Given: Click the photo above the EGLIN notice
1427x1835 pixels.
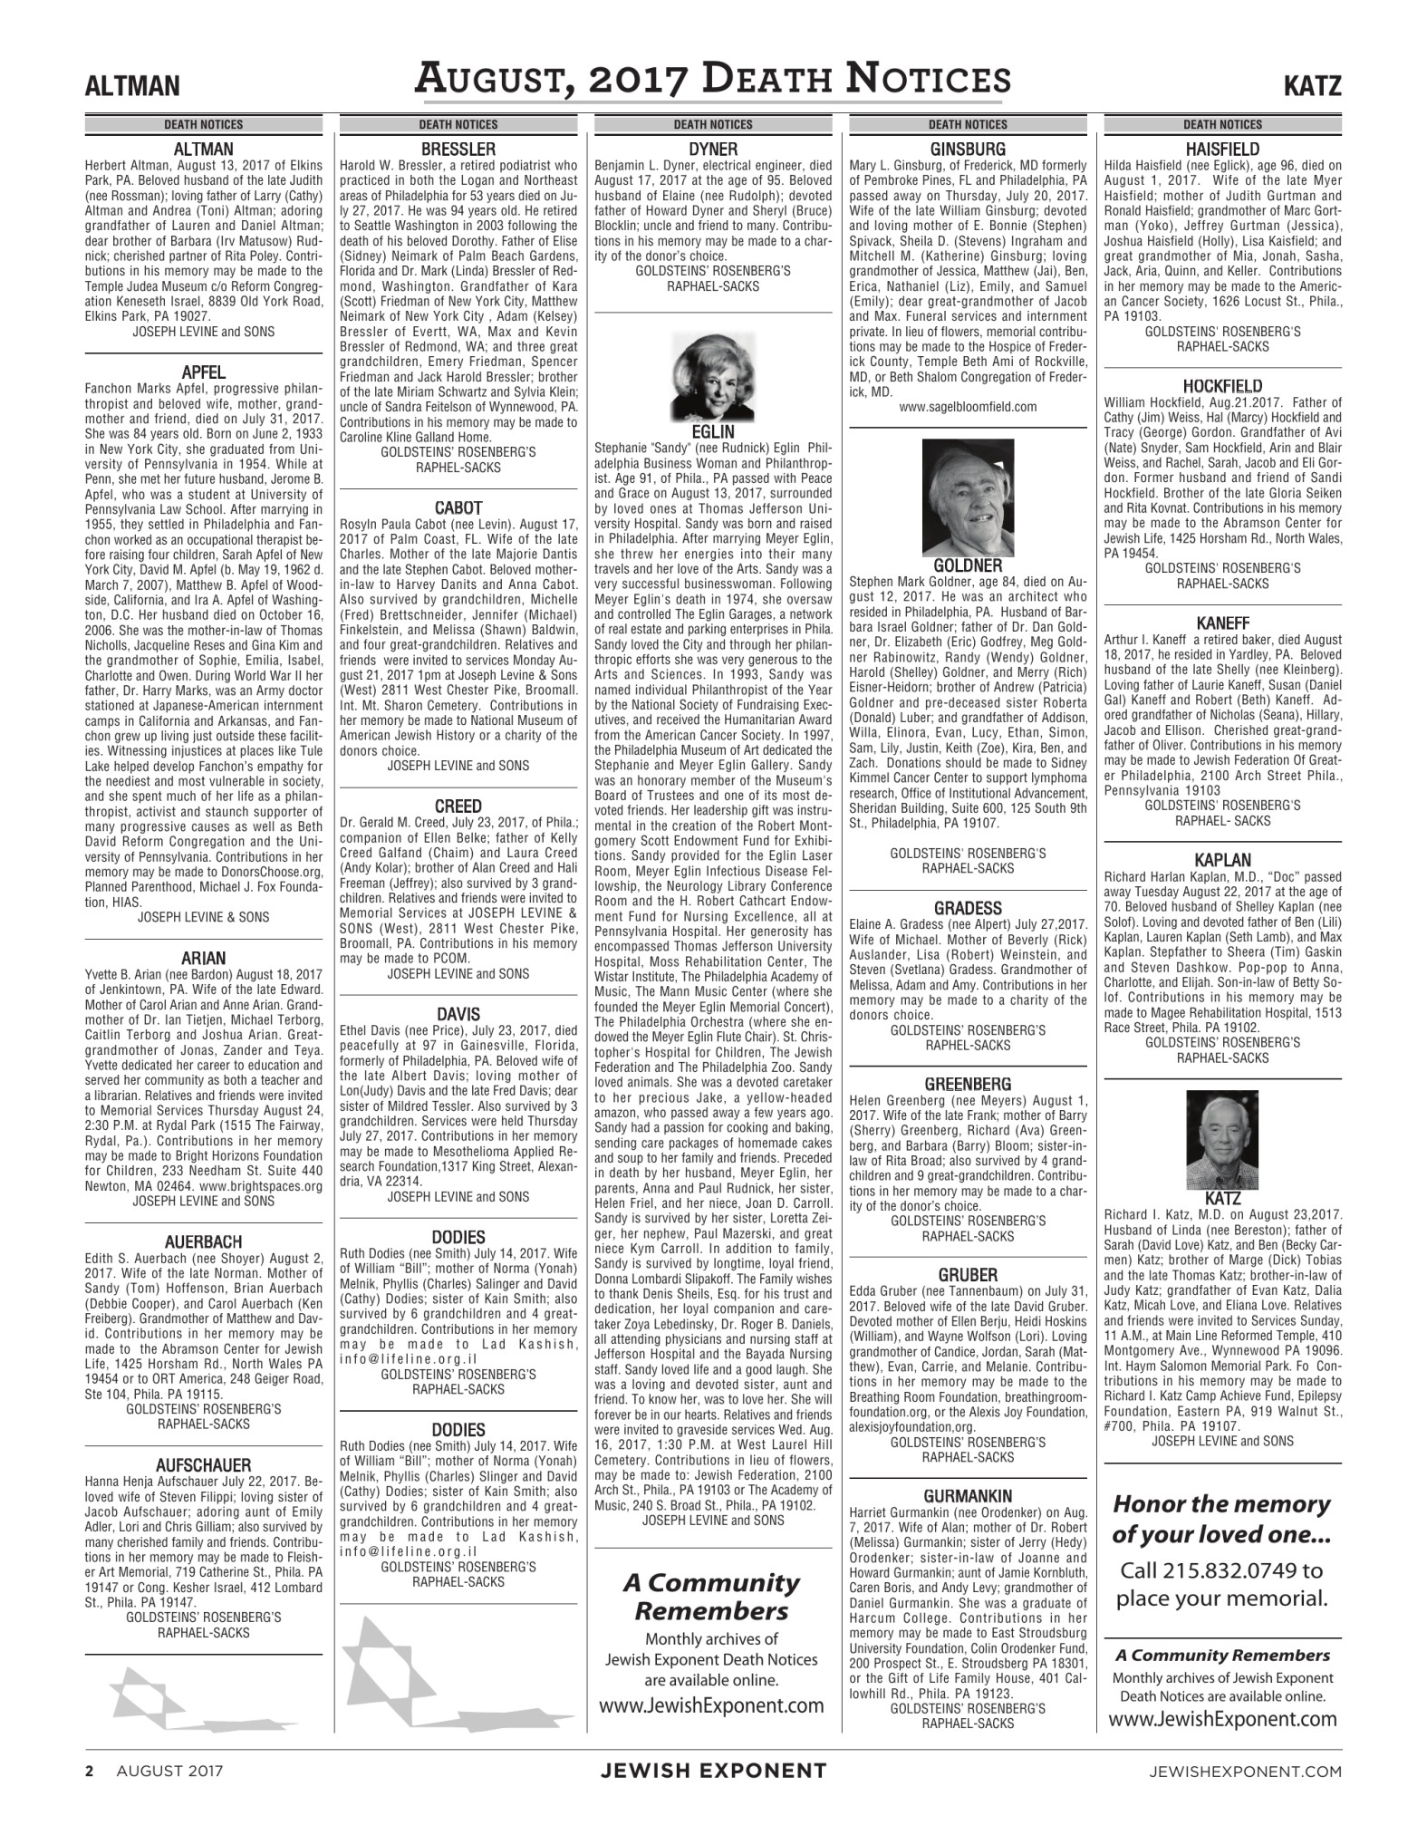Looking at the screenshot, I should click(712, 375).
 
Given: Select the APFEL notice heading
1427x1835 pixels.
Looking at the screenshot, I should click(203, 372).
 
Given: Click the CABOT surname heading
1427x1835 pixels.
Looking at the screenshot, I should click(458, 508).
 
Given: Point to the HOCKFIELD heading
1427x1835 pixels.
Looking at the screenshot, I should click(1222, 386).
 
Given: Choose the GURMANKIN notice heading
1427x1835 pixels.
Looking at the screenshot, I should click(968, 1494).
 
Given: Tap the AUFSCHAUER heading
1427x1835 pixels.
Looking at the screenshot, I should click(203, 1464).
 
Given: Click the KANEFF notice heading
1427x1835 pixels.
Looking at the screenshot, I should click(1222, 623).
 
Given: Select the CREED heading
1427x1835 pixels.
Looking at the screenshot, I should click(458, 806).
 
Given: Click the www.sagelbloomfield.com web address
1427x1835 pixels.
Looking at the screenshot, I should click(967, 407).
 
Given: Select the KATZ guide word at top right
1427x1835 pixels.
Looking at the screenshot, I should click(1311, 87).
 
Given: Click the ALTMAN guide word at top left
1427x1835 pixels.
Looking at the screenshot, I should click(131, 87).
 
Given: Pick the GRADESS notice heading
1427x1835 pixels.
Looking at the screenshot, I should click(968, 908).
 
